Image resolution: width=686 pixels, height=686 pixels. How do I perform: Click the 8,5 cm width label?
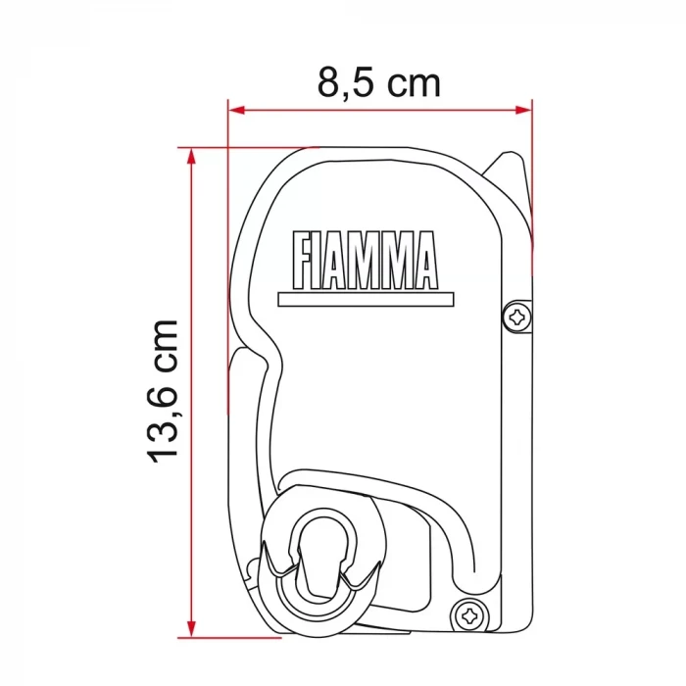[379, 83]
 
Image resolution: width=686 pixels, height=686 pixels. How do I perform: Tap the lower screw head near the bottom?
[469, 615]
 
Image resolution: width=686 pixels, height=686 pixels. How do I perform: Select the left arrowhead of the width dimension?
[235, 111]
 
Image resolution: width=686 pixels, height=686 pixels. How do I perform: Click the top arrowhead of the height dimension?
[192, 155]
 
